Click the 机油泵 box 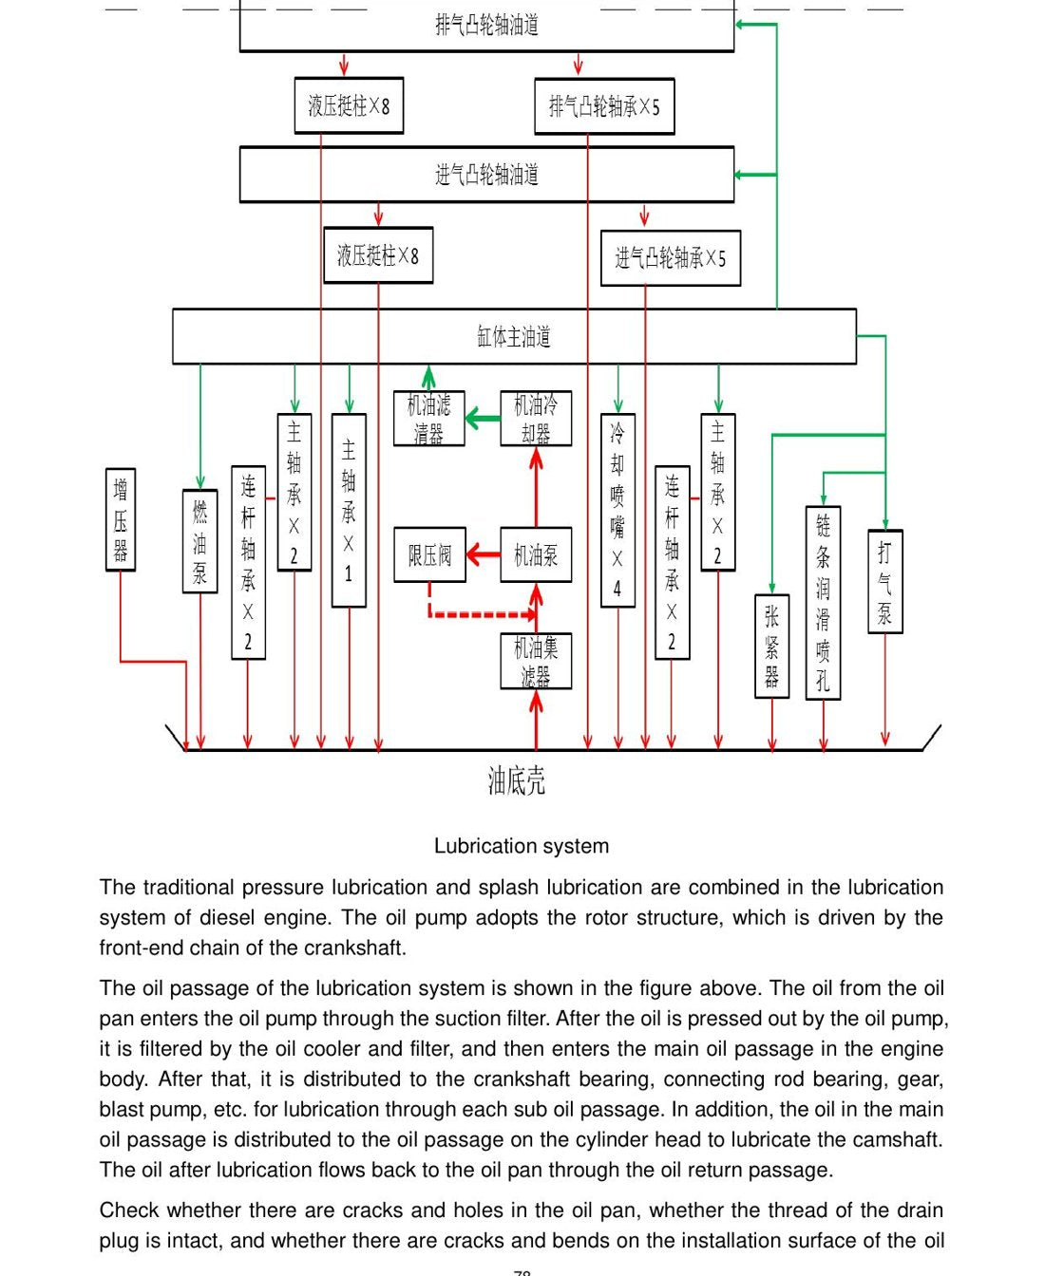(536, 554)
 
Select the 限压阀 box (429, 554)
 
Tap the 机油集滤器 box (536, 662)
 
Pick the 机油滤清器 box (429, 419)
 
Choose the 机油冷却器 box (536, 419)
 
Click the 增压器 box (121, 519)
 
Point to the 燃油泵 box (199, 541)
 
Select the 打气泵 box (885, 581)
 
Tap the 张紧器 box (772, 647)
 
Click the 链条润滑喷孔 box (823, 603)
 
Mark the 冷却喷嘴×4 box (617, 510)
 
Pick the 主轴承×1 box (349, 510)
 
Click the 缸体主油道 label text (514, 336)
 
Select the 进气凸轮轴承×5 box (671, 257)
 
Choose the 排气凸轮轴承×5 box (604, 106)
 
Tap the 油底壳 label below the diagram (517, 780)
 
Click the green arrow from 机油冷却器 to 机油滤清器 (484, 418)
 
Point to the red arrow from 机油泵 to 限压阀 (484, 554)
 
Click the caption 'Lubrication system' (522, 845)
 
